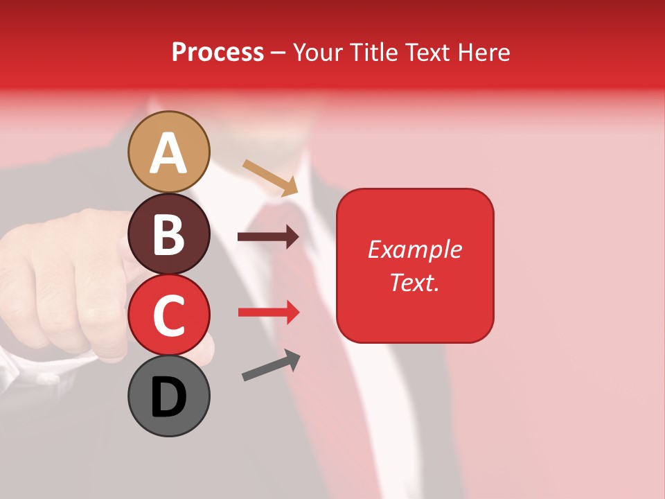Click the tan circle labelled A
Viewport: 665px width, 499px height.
tap(169, 152)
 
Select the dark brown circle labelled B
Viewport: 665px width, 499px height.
tap(169, 234)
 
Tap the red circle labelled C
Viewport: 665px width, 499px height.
tap(169, 315)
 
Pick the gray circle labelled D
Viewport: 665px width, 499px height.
tap(169, 396)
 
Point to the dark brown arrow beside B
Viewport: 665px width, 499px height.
tap(268, 237)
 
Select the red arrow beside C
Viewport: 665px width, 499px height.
tap(268, 312)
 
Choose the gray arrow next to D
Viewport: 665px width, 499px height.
tap(271, 365)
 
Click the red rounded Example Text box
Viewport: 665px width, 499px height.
tap(415, 265)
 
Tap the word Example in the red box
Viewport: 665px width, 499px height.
tap(415, 249)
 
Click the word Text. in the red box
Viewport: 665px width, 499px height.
tap(414, 282)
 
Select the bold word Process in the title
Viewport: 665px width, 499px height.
tap(218, 52)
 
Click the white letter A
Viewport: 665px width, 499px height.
tap(169, 153)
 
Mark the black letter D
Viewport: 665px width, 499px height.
tap(169, 397)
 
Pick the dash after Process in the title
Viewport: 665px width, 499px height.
tap(278, 53)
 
